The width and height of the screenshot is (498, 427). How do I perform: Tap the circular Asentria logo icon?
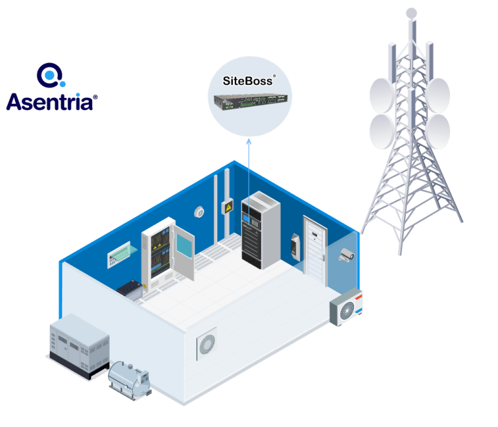point(51,75)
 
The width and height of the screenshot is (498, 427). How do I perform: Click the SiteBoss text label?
point(248,81)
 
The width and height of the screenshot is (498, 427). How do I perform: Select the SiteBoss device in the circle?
point(250,102)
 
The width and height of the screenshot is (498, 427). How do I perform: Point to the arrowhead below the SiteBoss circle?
point(249,141)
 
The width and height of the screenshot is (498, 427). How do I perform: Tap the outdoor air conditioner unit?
point(346,307)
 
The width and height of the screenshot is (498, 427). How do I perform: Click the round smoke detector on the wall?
point(199,212)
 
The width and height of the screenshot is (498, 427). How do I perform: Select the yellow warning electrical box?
point(228,207)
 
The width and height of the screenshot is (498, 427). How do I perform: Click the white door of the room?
point(314,250)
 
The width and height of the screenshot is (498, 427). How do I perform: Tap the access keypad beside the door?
point(295,247)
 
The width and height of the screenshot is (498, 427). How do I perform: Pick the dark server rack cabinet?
point(261,230)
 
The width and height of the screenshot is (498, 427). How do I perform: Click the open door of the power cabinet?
point(184,251)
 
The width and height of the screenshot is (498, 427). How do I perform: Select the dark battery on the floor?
point(130,289)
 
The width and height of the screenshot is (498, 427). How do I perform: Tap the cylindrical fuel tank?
point(129,380)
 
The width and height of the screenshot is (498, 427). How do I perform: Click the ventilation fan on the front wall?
point(207,343)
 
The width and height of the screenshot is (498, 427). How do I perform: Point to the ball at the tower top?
point(412,14)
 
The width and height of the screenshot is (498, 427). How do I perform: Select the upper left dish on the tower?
point(382,95)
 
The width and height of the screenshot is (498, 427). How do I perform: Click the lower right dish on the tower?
point(438,132)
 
